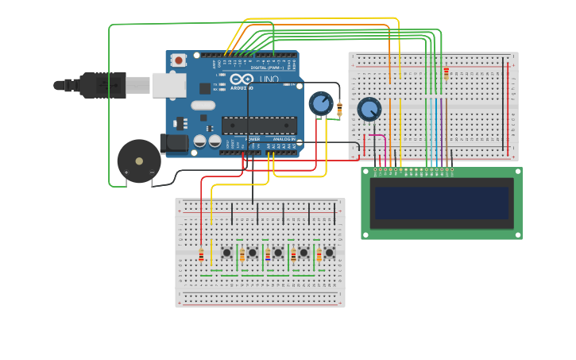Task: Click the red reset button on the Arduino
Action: (x=179, y=60)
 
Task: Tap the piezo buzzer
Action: (x=139, y=161)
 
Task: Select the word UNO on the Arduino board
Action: (x=269, y=79)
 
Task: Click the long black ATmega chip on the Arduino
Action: (x=259, y=125)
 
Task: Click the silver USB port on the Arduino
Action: (x=168, y=85)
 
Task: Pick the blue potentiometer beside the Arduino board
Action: (x=320, y=103)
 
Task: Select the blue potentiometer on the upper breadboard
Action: (x=369, y=109)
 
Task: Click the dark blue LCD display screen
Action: (x=441, y=203)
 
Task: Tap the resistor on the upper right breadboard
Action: (x=446, y=73)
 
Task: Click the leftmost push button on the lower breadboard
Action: (x=226, y=253)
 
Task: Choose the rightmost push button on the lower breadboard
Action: (x=329, y=253)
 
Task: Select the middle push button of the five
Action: (x=278, y=253)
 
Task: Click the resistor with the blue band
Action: (x=268, y=255)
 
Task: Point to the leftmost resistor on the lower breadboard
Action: (x=201, y=255)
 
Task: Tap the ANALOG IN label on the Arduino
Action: (x=283, y=138)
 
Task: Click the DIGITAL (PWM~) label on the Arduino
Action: (x=267, y=68)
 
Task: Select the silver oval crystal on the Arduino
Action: (x=203, y=105)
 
